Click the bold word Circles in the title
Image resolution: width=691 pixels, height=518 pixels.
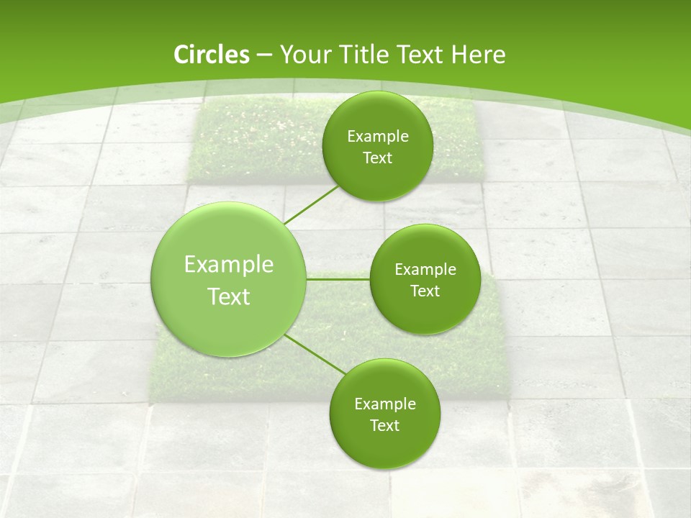(211, 55)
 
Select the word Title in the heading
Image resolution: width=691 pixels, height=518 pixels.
(366, 55)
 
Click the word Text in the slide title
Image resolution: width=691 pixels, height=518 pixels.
(421, 55)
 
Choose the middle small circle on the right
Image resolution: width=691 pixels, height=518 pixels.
(425, 279)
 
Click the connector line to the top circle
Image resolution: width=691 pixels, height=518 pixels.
(312, 206)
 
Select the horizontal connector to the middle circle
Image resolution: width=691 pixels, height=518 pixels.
(338, 279)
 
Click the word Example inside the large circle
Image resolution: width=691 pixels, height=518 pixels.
(229, 265)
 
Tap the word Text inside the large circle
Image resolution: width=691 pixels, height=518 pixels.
(229, 296)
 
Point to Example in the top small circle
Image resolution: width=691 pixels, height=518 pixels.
(377, 136)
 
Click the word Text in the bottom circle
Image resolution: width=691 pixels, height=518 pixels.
(384, 425)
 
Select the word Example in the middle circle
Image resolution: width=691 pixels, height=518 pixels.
(425, 269)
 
